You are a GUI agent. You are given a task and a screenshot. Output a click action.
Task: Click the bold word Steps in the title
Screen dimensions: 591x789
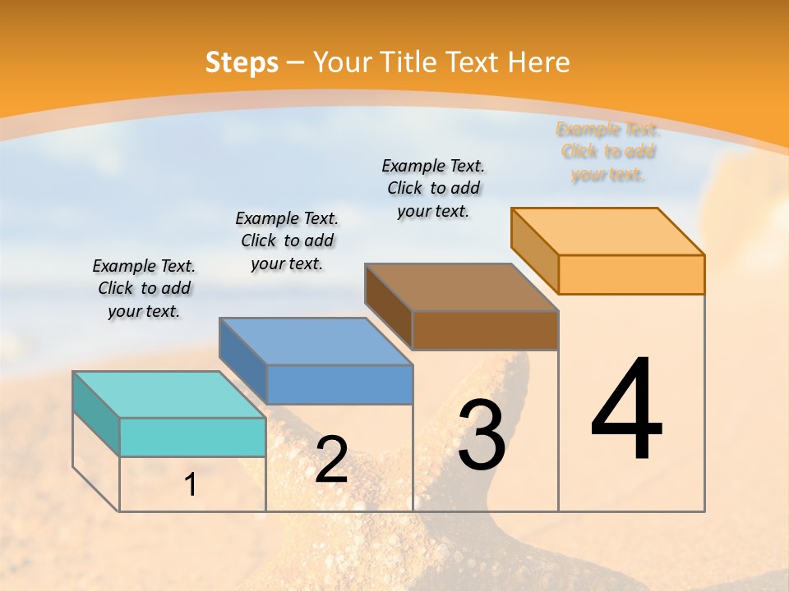click(242, 62)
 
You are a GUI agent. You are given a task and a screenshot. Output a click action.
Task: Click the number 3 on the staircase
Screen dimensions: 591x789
click(482, 435)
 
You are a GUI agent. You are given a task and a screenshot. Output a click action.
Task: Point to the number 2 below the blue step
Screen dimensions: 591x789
click(331, 460)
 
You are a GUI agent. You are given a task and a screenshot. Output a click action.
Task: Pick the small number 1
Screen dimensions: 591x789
click(190, 484)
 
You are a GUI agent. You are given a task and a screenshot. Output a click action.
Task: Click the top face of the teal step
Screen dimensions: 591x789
click(168, 394)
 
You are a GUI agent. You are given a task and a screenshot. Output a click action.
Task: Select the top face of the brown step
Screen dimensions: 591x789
click(461, 286)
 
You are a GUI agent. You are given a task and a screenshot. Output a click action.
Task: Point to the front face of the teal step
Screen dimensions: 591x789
click(192, 437)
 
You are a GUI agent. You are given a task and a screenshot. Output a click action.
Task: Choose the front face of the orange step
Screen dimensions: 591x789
click(631, 274)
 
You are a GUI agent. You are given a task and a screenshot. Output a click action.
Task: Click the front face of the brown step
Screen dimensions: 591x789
click(485, 330)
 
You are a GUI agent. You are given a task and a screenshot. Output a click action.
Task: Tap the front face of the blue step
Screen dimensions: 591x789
click(339, 384)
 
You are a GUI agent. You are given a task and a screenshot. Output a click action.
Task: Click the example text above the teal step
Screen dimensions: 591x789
click(144, 289)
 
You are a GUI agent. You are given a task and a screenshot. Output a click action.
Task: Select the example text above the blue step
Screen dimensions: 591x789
click(287, 241)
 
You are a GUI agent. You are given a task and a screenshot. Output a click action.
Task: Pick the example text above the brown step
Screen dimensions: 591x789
click(433, 188)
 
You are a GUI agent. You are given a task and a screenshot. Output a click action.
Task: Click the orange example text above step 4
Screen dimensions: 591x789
click(607, 152)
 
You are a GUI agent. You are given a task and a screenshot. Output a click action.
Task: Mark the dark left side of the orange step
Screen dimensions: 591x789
click(534, 250)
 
